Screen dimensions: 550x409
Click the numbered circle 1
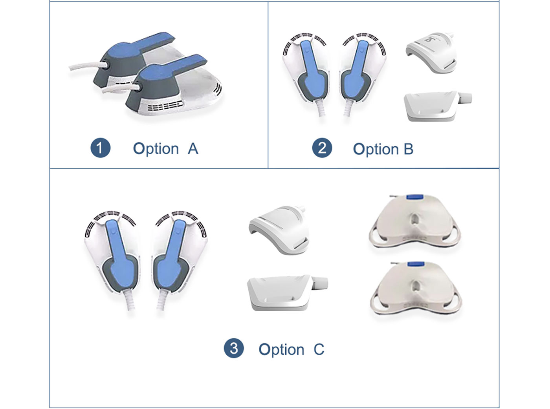[100, 148]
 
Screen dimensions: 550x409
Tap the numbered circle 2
[322, 148]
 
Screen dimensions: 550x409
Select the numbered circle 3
[234, 348]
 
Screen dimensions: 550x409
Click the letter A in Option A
[192, 149]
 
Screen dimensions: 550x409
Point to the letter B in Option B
[409, 149]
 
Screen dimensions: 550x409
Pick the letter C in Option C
[319, 349]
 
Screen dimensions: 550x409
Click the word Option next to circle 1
[156, 149]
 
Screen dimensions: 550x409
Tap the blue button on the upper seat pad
[414, 197]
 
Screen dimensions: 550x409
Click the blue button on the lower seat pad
[415, 264]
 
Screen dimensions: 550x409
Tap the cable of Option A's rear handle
[88, 66]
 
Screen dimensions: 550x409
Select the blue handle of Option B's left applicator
[312, 69]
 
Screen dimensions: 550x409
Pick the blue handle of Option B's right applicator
[357, 69]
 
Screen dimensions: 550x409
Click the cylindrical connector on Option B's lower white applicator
[465, 99]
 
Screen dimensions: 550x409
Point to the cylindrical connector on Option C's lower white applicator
[319, 283]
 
